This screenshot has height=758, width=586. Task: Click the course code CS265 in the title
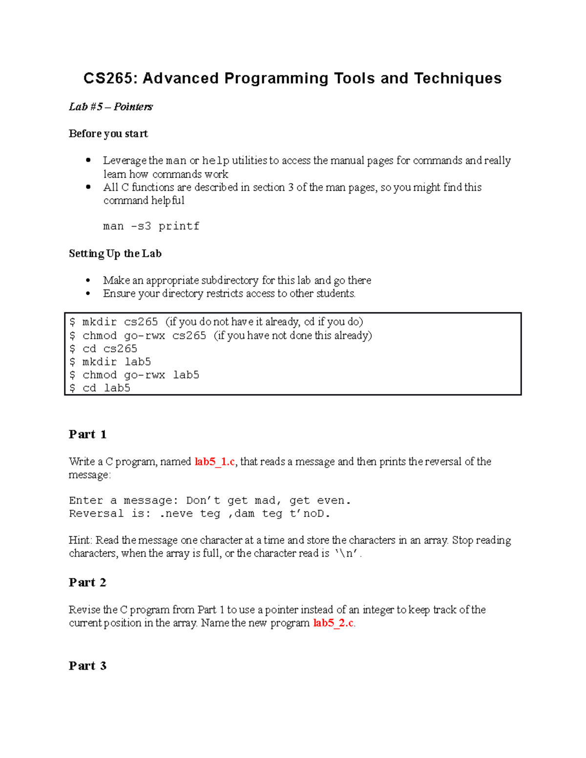click(x=110, y=78)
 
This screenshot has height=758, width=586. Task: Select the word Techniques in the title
click(x=458, y=78)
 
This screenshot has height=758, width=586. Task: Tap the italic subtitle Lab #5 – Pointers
click(x=110, y=106)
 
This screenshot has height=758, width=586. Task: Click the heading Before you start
click(x=108, y=133)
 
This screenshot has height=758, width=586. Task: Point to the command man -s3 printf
click(x=151, y=226)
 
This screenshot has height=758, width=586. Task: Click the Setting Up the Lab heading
click(x=115, y=253)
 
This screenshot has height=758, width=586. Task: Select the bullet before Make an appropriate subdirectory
click(x=88, y=280)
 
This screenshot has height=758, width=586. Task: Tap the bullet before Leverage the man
click(x=88, y=160)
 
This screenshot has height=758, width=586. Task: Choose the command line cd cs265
click(x=109, y=348)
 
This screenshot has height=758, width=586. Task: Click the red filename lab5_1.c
click(x=214, y=461)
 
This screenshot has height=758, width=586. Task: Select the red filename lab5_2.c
click(x=333, y=623)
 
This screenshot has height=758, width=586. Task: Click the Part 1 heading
click(x=87, y=434)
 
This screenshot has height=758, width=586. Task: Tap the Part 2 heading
click(x=87, y=582)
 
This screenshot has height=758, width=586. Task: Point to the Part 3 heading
click(x=87, y=666)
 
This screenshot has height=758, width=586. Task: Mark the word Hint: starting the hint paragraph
click(x=80, y=540)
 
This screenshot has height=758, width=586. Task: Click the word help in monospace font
click(x=215, y=161)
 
